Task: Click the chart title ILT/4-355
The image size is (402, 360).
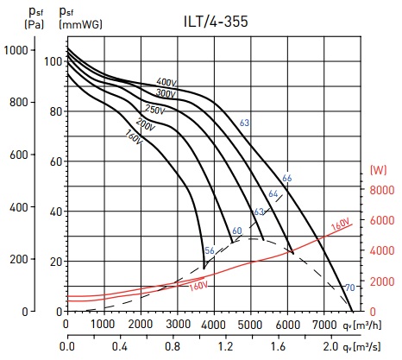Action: tap(216, 22)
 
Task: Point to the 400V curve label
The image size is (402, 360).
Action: tap(166, 82)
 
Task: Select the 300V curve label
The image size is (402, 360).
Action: tap(166, 93)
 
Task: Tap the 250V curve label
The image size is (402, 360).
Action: tap(155, 110)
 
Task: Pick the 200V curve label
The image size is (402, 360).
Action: tap(146, 124)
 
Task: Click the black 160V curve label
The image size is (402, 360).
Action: tap(134, 136)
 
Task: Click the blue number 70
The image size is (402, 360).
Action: tap(350, 287)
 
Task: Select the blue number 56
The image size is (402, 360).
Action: tap(210, 250)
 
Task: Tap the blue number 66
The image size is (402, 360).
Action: tap(287, 178)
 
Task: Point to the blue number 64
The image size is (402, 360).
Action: tap(273, 194)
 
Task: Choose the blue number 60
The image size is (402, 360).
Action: tap(237, 231)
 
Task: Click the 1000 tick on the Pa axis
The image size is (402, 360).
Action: tap(16, 50)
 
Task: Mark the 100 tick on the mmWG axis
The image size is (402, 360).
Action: tap(53, 61)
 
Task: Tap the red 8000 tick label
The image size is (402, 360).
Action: tap(382, 190)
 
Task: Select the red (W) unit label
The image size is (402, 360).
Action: tap(379, 170)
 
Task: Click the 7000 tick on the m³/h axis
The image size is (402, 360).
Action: tap(324, 325)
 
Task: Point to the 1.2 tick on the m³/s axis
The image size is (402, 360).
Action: tap(225, 346)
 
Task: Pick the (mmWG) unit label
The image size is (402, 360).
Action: tap(81, 24)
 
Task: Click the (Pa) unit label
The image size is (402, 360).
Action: tap(35, 24)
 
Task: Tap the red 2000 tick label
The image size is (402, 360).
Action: tap(382, 281)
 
